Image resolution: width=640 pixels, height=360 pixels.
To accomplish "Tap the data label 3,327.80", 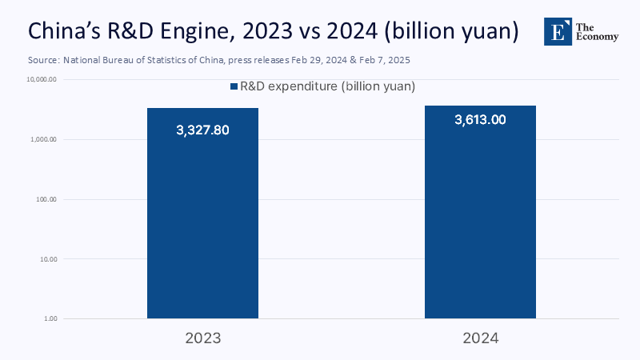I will [202, 130].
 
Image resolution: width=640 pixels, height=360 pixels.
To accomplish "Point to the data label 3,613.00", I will [480, 119].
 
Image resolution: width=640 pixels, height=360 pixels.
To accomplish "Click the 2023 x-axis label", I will [202, 338].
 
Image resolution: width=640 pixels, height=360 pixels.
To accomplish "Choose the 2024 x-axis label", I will [480, 338].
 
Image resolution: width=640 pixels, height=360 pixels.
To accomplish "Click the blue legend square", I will [234, 86].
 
